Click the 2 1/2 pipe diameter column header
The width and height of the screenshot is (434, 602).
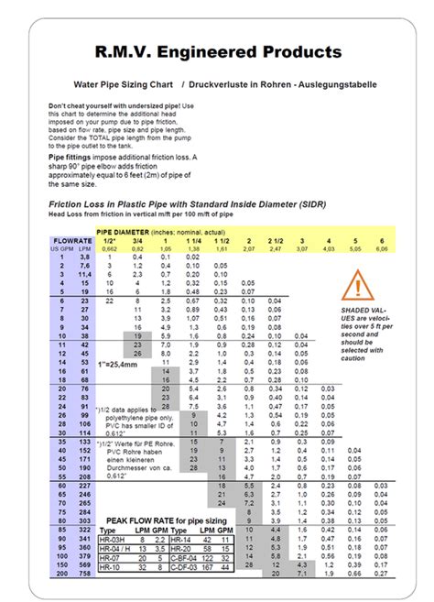click(274, 240)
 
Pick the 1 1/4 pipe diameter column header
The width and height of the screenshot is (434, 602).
click(193, 240)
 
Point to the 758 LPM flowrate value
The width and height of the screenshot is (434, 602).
click(82, 574)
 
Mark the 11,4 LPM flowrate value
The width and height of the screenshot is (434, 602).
click(82, 274)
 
